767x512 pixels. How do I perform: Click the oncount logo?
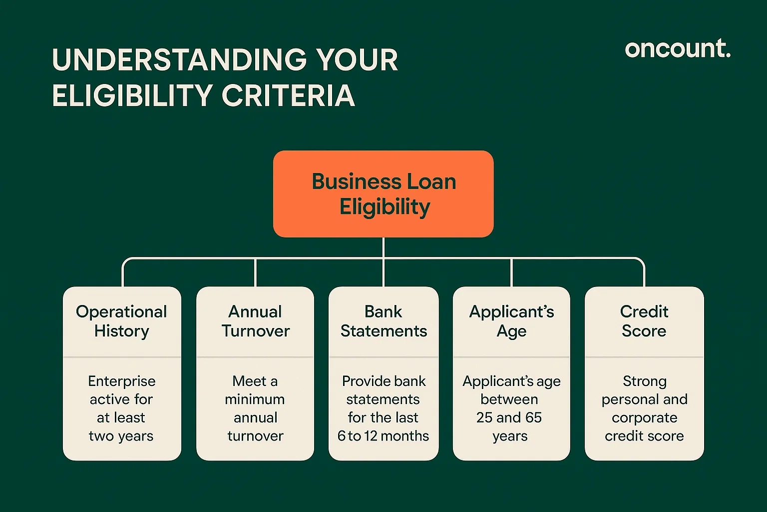point(677,49)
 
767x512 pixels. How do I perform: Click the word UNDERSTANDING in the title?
point(179,60)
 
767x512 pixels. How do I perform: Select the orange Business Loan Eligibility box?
point(383,194)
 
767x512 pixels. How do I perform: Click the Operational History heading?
point(121,321)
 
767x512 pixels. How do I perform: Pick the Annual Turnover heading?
point(255,321)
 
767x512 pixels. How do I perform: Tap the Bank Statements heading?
point(383,321)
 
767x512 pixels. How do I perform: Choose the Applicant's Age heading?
point(511,321)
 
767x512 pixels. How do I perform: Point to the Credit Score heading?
point(644,321)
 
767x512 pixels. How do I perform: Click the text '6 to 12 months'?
point(383,436)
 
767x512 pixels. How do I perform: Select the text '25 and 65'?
point(509,417)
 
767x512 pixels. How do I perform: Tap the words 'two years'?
point(121,436)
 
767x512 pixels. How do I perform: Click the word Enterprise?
point(122,381)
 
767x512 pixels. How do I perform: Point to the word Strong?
point(644,381)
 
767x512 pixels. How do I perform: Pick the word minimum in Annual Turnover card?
point(255,399)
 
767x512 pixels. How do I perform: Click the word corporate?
point(644,417)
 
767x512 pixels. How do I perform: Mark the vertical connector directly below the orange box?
point(383,247)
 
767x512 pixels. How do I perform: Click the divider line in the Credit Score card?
point(644,357)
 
